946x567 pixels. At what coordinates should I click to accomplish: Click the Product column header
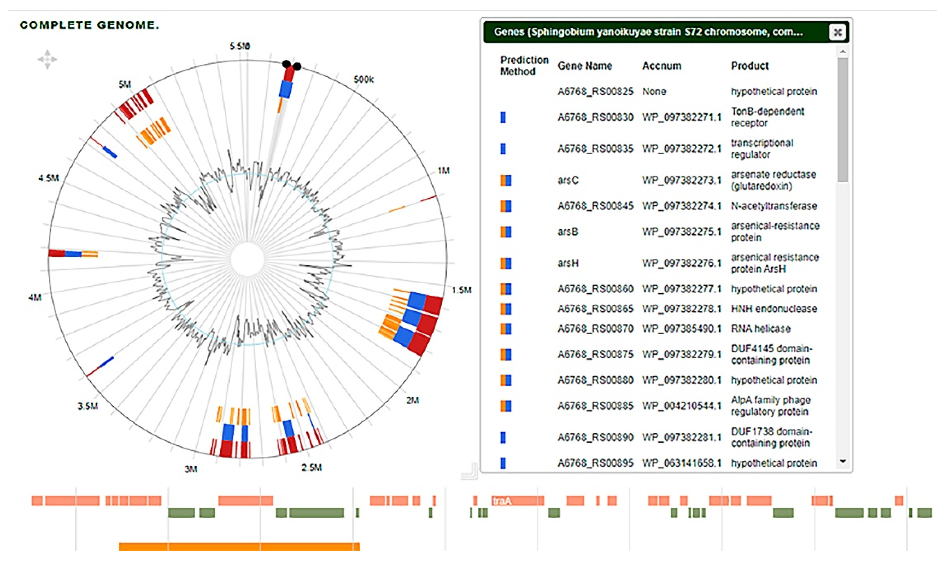coord(750,66)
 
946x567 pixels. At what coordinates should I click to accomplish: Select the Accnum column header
coord(661,66)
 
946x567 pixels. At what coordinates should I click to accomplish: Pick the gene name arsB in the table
coord(568,232)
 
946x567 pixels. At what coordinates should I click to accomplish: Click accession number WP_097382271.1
coord(681,117)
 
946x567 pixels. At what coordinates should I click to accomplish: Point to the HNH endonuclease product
coord(774,309)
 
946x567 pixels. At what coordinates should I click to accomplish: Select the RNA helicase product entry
coord(760,329)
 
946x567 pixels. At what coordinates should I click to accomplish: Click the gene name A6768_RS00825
coord(595,91)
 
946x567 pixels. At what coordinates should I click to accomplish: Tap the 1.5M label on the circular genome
coord(461,290)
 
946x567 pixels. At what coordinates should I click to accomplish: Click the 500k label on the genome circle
coord(363,80)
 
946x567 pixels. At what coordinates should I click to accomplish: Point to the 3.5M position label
coord(88,406)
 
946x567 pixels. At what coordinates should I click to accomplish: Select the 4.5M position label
coord(49,178)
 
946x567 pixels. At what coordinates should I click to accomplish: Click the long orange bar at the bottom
coord(239,547)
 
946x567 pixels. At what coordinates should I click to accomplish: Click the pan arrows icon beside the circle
coord(47,59)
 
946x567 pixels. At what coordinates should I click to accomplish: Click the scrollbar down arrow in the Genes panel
coord(843,461)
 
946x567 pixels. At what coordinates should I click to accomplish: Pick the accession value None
coord(654,91)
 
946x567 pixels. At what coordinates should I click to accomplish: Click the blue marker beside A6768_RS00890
coord(503,437)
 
